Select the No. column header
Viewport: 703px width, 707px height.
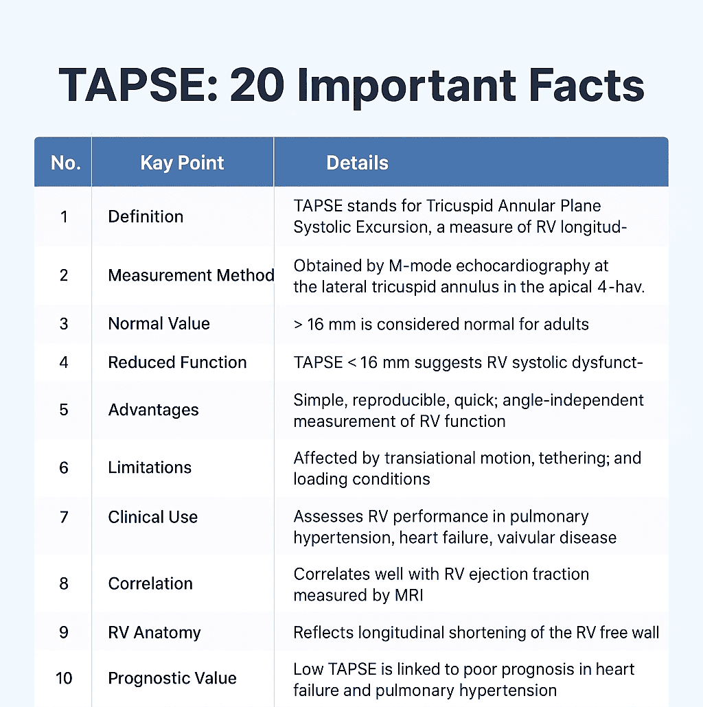(66, 163)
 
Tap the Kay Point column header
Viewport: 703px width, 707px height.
(182, 163)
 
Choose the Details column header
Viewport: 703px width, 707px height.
(357, 163)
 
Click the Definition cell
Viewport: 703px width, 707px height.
(146, 216)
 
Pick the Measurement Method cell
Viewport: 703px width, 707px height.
(191, 275)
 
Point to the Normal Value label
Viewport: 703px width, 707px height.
(159, 323)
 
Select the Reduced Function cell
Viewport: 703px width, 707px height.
(177, 362)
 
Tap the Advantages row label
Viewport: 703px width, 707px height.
(153, 410)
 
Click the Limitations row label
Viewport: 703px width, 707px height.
(150, 467)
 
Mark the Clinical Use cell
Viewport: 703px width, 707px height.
(152, 517)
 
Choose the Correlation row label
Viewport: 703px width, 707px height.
(150, 583)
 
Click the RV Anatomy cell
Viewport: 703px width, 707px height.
(154, 632)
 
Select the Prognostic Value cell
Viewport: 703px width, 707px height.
(172, 678)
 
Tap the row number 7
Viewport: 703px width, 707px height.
(64, 517)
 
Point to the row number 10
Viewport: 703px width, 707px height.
(64, 678)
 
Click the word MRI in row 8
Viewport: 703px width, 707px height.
(407, 595)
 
